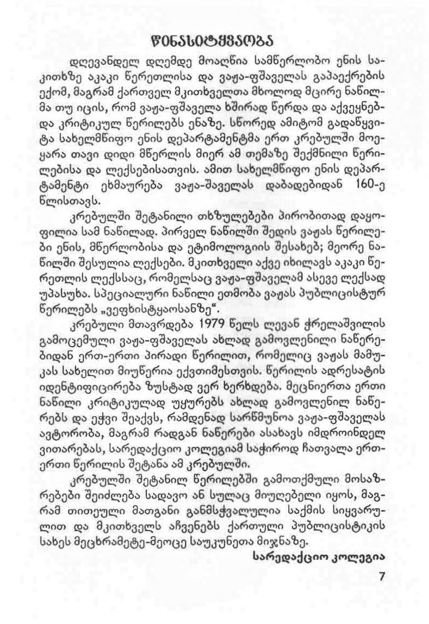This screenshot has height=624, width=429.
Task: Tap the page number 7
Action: (x=381, y=576)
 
